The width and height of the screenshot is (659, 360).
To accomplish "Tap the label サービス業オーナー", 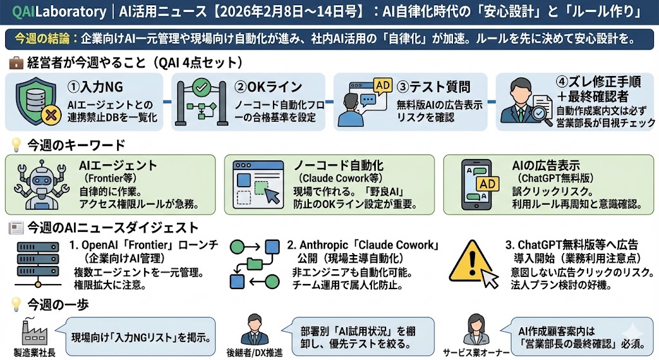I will [x=476, y=352].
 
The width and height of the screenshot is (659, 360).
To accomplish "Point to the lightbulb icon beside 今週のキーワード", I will [x=15, y=145].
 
